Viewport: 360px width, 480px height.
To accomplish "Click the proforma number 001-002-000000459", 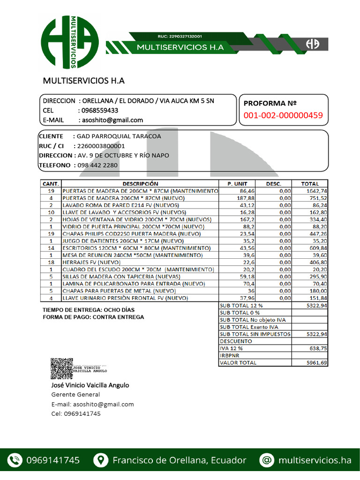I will pyautogui.click(x=283, y=115).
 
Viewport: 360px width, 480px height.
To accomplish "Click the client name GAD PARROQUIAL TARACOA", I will pyautogui.click(x=119, y=136).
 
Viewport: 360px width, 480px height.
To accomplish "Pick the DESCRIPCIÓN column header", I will pyautogui.click(x=140, y=184).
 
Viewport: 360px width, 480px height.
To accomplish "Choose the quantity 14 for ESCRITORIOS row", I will pyautogui.click(x=52, y=247).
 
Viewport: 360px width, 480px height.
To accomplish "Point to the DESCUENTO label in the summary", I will pyautogui.click(x=236, y=341).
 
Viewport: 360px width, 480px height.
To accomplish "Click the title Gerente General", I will pyautogui.click(x=75, y=395).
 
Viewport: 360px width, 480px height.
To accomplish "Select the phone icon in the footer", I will pyautogui.click(x=15, y=460).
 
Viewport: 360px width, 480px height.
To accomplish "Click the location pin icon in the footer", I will pyautogui.click(x=100, y=460).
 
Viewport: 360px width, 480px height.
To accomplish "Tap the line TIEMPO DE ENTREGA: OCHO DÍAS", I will pyautogui.click(x=89, y=310).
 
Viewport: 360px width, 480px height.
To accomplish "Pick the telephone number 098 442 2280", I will pyautogui.click(x=97, y=165).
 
